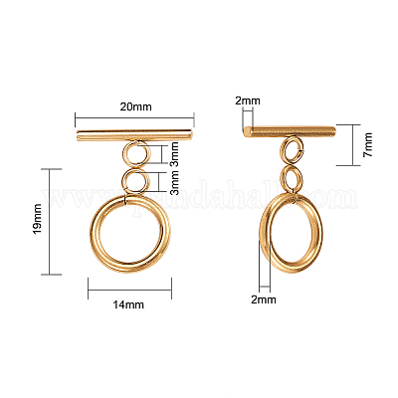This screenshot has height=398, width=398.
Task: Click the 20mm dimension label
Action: (135, 106)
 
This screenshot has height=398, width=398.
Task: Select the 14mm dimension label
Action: (128, 304)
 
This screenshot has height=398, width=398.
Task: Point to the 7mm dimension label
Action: (367, 144)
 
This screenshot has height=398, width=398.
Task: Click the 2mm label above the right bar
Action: (248, 100)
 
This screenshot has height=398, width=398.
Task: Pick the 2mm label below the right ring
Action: (264, 299)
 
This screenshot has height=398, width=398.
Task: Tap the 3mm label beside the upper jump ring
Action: (174, 154)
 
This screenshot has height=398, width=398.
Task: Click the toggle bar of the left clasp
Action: (134, 135)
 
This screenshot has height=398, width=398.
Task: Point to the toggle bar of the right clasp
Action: (289, 131)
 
